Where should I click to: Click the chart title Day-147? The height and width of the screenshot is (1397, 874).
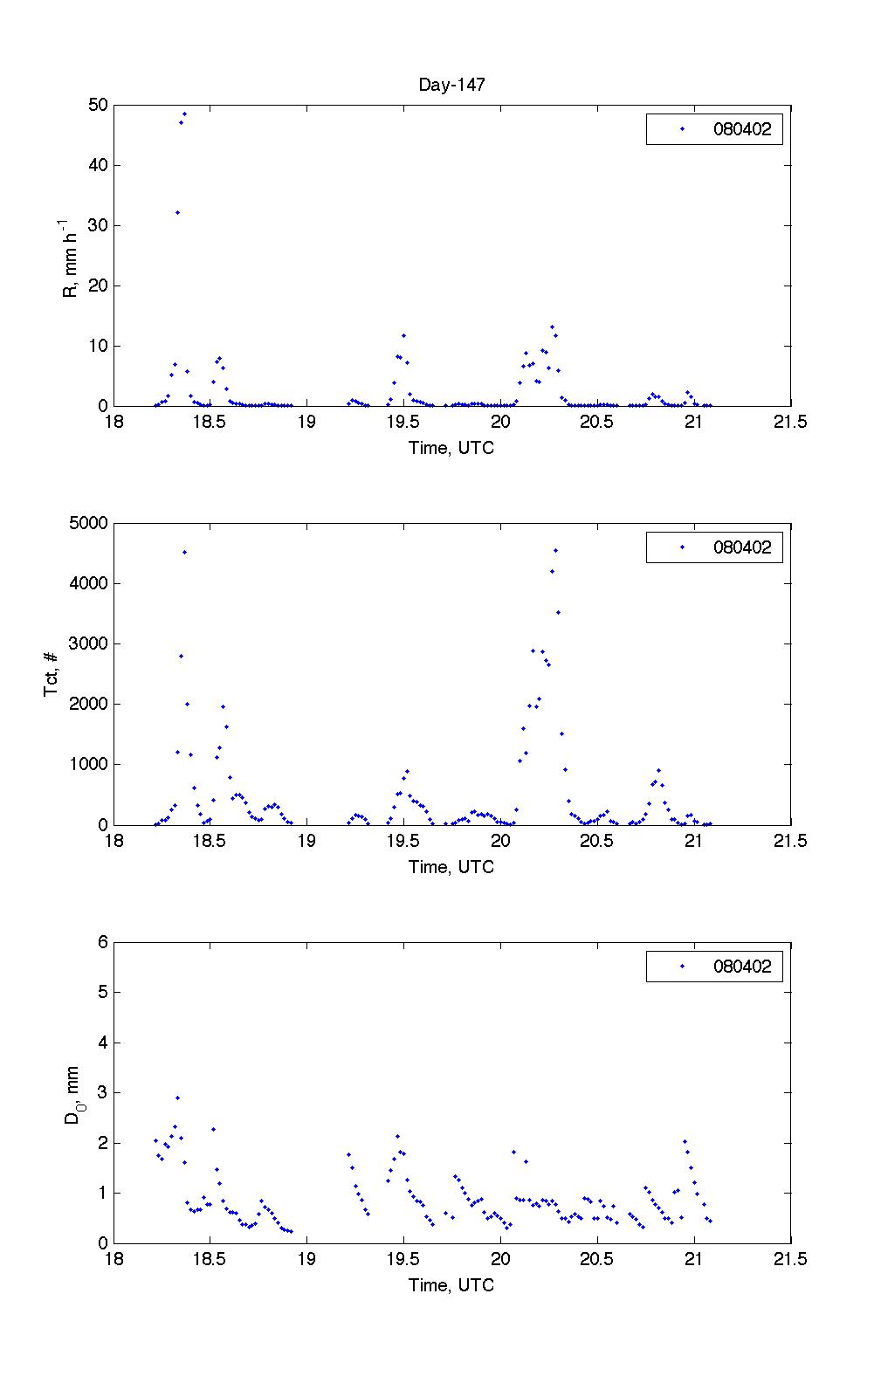[x=451, y=85]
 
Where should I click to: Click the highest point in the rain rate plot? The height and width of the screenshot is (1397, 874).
[x=184, y=114]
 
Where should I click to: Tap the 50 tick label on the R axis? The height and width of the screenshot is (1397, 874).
[x=97, y=106]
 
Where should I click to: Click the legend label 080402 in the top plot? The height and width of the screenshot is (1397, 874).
[x=742, y=130]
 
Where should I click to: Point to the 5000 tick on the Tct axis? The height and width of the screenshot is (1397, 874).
[x=89, y=524]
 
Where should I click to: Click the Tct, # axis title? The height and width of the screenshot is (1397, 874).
[x=52, y=674]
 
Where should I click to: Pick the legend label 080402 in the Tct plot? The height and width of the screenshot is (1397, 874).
[x=742, y=548]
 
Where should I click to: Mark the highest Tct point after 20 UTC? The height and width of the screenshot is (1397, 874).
[x=555, y=550]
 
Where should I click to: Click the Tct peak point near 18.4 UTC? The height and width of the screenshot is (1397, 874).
[x=184, y=552]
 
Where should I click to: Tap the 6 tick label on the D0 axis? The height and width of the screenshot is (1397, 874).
[x=102, y=942]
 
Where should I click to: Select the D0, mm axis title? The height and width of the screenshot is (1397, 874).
[x=72, y=1092]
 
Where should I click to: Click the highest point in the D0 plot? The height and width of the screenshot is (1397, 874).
[x=177, y=1098]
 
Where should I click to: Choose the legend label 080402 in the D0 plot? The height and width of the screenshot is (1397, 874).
[x=742, y=967]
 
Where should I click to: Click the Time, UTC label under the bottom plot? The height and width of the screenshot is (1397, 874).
[x=451, y=1285]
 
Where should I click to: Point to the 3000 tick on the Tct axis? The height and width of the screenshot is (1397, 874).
[x=89, y=644]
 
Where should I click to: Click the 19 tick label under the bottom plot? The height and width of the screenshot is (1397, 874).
[x=306, y=1260]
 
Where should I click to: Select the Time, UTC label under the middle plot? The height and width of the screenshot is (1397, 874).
[x=451, y=867]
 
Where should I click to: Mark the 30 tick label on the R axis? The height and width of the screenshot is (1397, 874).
[x=97, y=226]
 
